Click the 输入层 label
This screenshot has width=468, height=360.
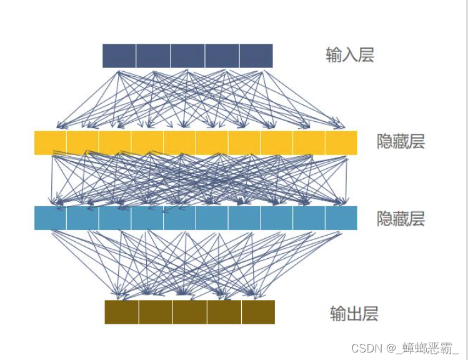pos(349,56)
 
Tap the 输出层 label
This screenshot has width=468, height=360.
pos(354,313)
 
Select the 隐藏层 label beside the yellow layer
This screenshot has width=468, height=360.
pos(401,142)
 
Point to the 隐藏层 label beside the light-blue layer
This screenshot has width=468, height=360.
pos(401,219)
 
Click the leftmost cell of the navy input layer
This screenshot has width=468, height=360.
pos(119,56)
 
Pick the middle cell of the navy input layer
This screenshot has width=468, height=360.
pos(187,56)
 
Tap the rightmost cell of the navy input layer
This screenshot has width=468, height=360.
pos(256,56)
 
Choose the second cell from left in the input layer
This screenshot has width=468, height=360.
pos(153,56)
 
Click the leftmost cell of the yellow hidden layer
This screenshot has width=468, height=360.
pos(51,142)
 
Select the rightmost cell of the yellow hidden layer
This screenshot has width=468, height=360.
pos(341,142)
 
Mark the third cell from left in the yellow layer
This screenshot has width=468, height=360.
pos(115,142)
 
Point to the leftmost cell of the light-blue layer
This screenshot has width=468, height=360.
pos(51,218)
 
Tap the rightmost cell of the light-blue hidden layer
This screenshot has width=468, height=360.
pos(341,218)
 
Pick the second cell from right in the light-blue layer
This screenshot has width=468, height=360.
pos(309,218)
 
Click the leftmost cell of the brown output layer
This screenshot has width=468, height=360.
pos(121,312)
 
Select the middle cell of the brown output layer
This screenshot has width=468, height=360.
pos(189,312)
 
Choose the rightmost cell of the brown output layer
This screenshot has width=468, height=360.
pos(258,312)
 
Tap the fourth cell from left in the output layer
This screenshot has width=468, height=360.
pos(224,312)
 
